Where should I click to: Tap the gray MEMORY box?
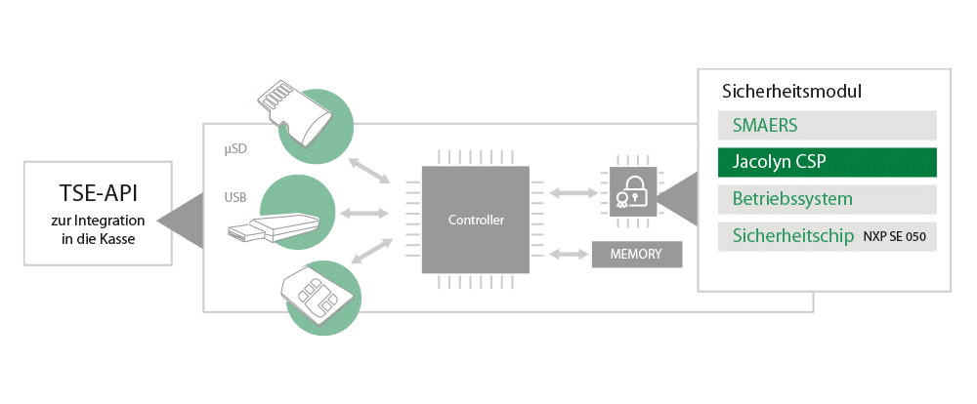point(636,254)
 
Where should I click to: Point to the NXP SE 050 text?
point(893,237)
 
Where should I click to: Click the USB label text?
point(235,197)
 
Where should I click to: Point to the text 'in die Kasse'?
point(94,239)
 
